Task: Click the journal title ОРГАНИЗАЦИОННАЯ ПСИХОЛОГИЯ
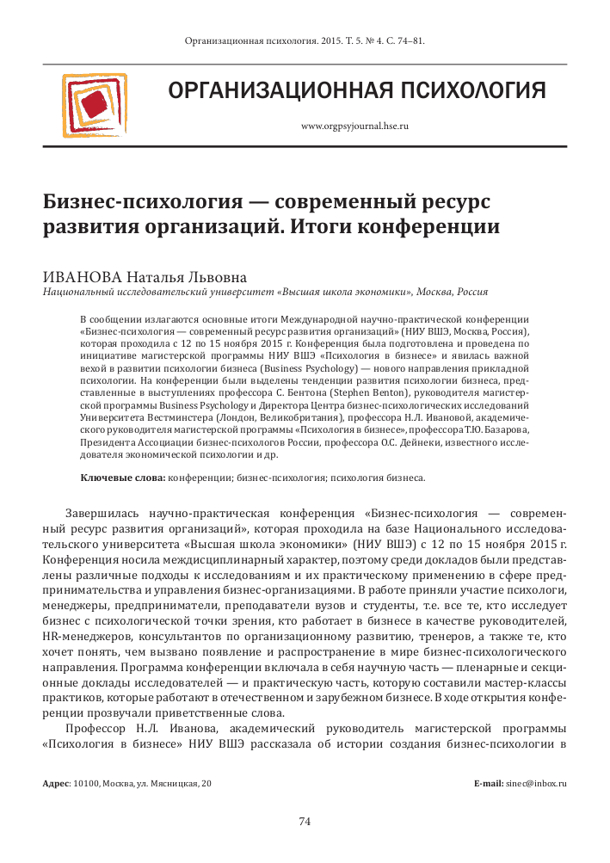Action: point(357,90)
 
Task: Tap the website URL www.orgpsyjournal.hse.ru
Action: point(354,126)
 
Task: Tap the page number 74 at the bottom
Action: point(305,821)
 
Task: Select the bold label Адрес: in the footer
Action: point(58,783)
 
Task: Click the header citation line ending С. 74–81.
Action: point(305,40)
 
